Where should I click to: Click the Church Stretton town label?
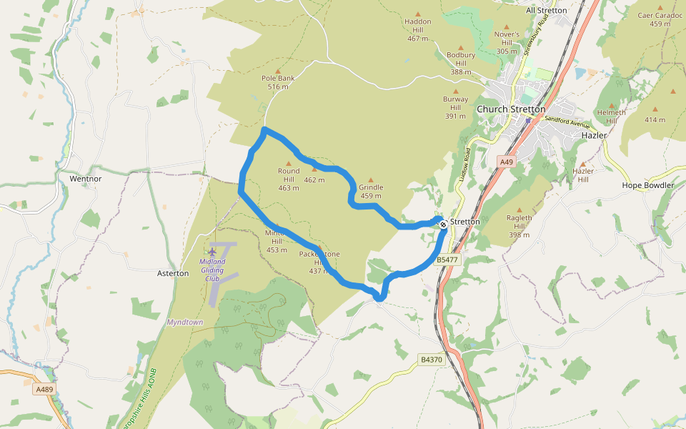click(511, 109)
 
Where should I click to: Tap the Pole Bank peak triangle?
click(278, 71)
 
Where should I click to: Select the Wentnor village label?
click(86, 178)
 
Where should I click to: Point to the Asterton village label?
click(172, 273)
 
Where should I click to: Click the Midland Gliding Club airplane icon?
click(212, 252)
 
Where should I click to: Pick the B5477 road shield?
click(447, 260)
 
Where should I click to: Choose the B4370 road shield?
click(431, 359)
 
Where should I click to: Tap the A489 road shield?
click(44, 390)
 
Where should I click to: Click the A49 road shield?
click(507, 162)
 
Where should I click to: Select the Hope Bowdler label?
click(648, 185)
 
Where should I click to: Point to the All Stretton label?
click(546, 10)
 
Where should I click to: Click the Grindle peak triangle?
click(371, 179)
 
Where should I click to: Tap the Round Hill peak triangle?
click(289, 163)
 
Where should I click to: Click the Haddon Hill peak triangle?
click(419, 13)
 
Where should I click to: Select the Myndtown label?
click(185, 322)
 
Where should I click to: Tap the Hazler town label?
click(594, 134)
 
